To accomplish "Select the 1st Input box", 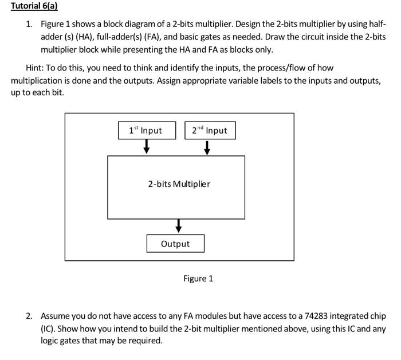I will point(146,130).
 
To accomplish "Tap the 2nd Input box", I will point(210,130).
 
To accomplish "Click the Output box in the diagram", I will point(175,244).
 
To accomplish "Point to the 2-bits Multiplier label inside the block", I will point(179,184).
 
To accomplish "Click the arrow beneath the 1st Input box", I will point(147,148).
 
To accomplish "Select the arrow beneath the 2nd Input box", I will point(207,148).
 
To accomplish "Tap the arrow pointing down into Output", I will point(179,226).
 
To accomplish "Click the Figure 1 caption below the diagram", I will point(198,279).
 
